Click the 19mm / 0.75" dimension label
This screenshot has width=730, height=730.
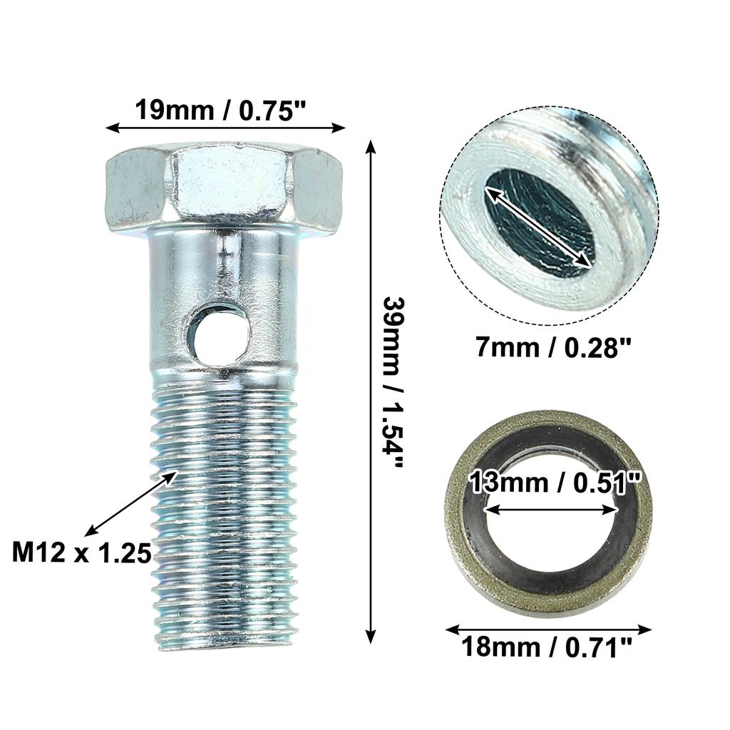point(225,110)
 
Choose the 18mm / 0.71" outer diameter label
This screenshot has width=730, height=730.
point(547,648)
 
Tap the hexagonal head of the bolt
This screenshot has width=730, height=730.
point(224,187)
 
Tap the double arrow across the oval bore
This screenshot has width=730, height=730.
point(538,226)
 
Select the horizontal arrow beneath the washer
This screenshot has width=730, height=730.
point(548,629)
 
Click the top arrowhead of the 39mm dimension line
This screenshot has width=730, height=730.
point(370,146)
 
